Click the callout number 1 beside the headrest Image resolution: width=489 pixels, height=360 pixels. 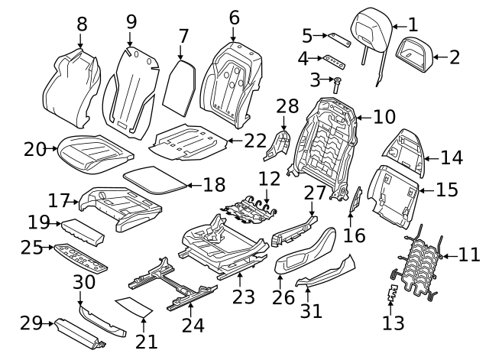(413, 24)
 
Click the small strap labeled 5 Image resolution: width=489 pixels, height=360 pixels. (338, 39)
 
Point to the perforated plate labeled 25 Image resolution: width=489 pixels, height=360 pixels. (79, 257)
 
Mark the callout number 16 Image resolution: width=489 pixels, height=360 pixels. (355, 235)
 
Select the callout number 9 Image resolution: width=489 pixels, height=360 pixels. (131, 21)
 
